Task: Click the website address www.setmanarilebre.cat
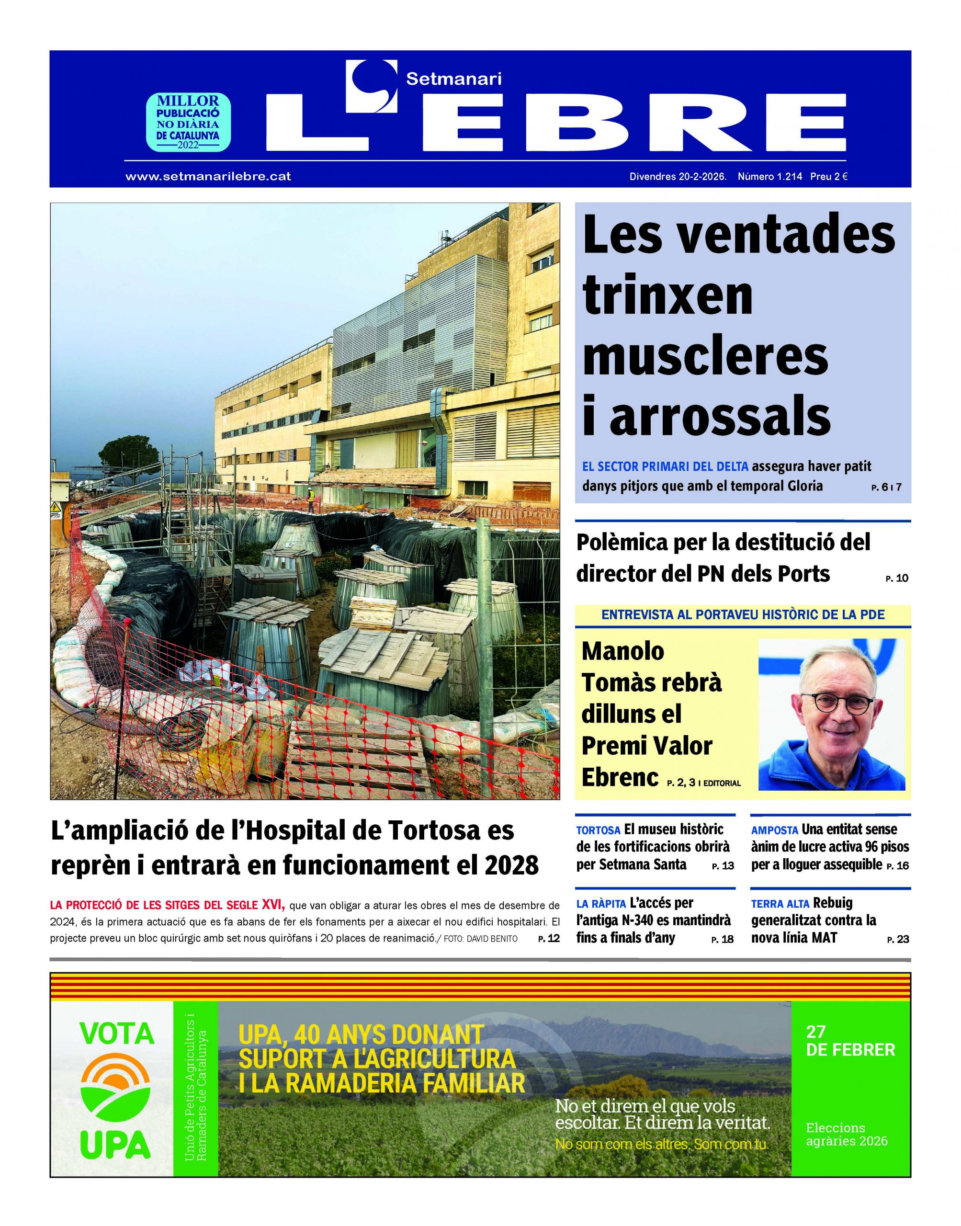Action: click(208, 177)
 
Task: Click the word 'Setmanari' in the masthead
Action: click(453, 79)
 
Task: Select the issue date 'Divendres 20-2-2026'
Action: click(678, 177)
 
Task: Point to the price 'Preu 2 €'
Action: click(829, 177)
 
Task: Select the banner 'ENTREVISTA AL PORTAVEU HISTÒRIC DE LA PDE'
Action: click(743, 615)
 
